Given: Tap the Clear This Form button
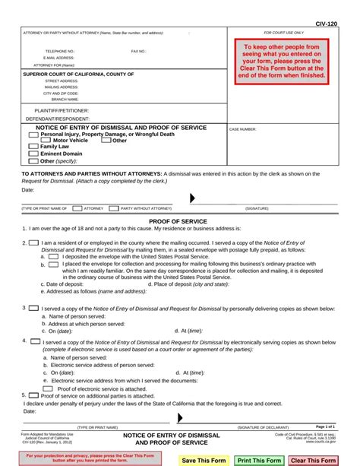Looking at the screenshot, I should [313, 460].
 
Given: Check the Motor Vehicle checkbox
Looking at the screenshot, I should [46, 141].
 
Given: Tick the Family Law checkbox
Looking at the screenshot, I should [33, 147].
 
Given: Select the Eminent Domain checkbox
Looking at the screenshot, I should [33, 154].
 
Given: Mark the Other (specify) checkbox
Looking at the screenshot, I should [33, 161].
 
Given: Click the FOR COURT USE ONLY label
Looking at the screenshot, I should [283, 33].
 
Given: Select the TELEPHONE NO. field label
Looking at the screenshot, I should [59, 52].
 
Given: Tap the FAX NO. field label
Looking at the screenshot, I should [138, 52].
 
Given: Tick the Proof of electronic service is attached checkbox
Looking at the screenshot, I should [47, 388].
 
